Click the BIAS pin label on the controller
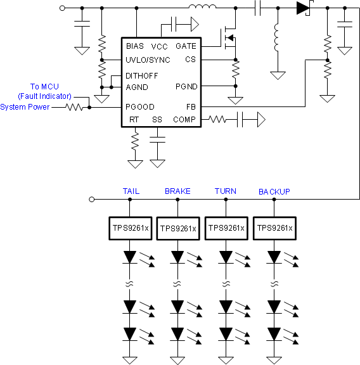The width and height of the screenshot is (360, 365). tap(135, 46)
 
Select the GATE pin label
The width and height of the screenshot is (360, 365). tap(186, 46)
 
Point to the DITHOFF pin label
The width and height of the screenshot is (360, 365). tap(142, 75)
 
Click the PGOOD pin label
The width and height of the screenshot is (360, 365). tap(140, 107)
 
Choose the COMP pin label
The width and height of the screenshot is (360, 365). tap(184, 119)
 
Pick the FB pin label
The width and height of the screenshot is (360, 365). tap(191, 107)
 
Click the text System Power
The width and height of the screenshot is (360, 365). tap(25, 106)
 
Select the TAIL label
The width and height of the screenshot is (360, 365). tap(131, 191)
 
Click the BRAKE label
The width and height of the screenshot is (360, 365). tap(177, 191)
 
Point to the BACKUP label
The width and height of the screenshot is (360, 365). tap(274, 191)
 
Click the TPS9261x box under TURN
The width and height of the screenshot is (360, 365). tap(226, 228)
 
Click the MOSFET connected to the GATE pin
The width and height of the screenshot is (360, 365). tap(229, 39)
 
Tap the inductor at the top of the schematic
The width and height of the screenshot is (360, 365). tap(202, 8)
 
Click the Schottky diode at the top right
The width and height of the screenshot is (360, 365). tap(302, 8)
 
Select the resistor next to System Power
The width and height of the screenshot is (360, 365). tap(75, 107)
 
